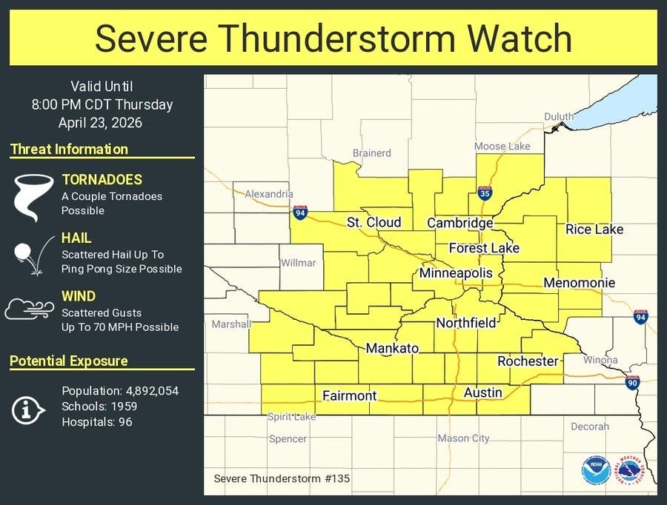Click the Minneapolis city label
[455, 273]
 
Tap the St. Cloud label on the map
[374, 222]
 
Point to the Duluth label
[559, 117]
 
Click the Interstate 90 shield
[632, 382]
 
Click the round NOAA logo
[596, 471]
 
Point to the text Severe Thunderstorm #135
[282, 478]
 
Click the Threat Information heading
[69, 149]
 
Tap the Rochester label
[528, 361]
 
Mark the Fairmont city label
[350, 395]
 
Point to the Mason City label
[463, 438]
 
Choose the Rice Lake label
[594, 230]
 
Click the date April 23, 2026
[100, 123]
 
